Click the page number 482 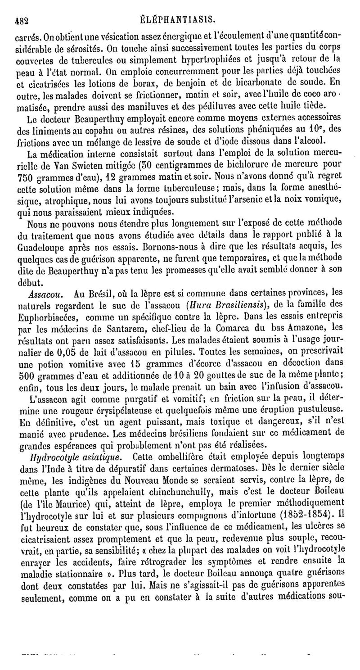click(x=22, y=20)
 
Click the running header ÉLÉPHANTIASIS click(x=186, y=19)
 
